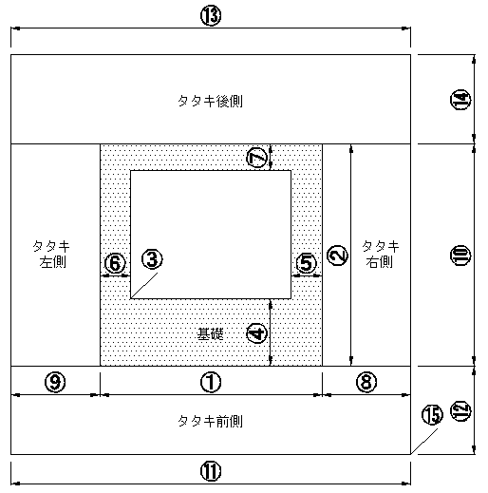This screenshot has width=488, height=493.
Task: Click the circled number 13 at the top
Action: tap(211, 16)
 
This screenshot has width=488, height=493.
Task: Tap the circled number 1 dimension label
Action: tap(211, 382)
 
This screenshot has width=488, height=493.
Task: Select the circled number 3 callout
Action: tap(152, 259)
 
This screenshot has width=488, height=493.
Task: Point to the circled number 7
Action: tap(256, 158)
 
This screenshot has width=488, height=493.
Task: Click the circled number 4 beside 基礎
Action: tap(256, 333)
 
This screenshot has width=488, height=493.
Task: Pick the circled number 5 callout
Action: tap(306, 263)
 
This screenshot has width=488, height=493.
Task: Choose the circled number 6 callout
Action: tap(115, 263)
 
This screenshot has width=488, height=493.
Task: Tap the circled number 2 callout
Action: tap(337, 256)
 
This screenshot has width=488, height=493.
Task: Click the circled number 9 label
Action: tap(55, 382)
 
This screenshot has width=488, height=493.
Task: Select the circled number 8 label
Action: tap(366, 382)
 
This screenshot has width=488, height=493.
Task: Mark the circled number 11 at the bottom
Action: tap(211, 471)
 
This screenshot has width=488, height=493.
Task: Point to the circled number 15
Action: tap(432, 415)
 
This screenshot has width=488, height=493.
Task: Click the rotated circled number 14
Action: tap(460, 100)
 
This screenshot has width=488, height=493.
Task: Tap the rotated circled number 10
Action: tap(460, 256)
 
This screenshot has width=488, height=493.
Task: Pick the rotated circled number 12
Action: tap(460, 411)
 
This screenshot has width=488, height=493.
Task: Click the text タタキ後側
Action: tap(211, 102)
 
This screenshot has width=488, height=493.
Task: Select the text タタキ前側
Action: tap(211, 422)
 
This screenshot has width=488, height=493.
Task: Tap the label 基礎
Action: tap(210, 333)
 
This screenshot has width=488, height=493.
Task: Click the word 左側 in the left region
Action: tap(52, 262)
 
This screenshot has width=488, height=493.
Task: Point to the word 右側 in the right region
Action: tap(379, 262)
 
